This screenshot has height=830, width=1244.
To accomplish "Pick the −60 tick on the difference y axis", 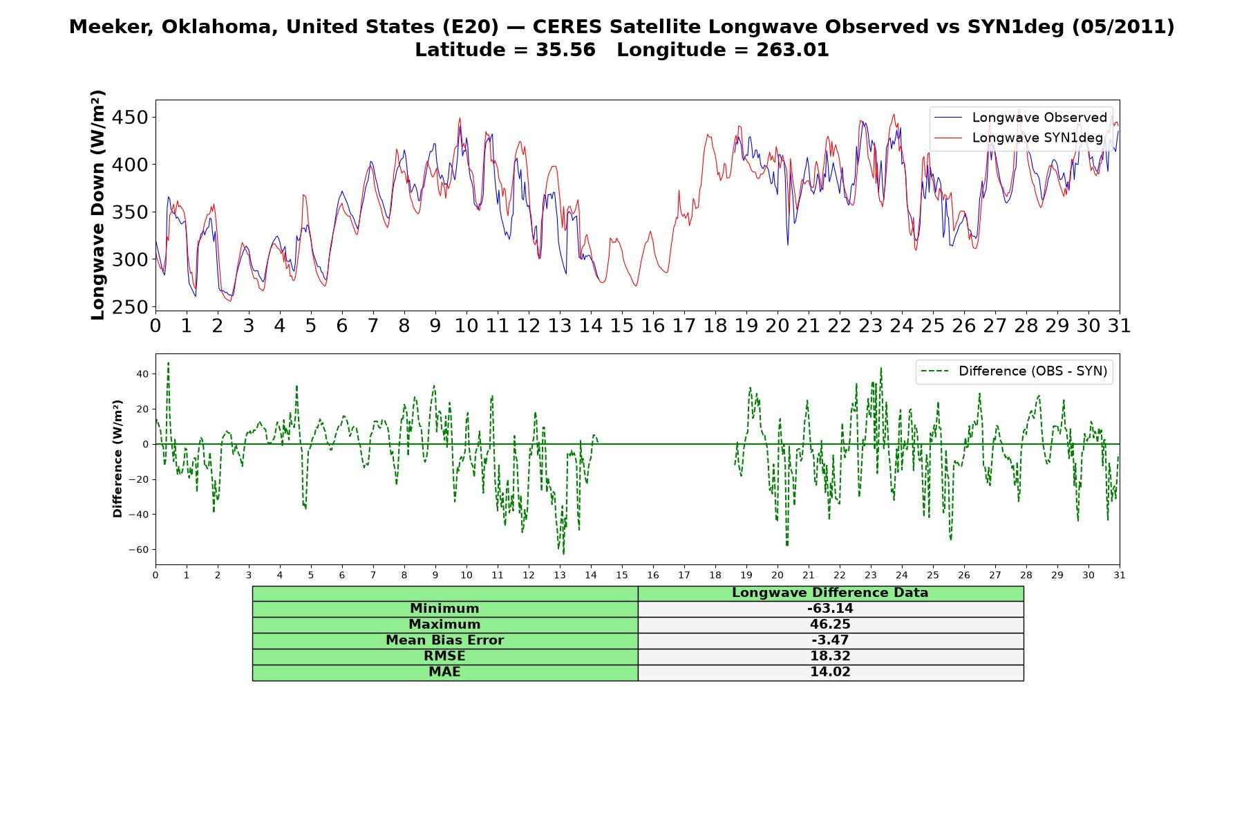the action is [138, 550].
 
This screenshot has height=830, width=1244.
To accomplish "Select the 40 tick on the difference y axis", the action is [142, 374].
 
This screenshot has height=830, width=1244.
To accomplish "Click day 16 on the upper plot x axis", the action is [653, 326].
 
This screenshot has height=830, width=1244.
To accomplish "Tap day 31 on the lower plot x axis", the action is [1120, 575].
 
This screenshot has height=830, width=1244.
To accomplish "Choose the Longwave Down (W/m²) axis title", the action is [98, 205].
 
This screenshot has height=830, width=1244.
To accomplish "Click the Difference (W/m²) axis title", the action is [117, 459].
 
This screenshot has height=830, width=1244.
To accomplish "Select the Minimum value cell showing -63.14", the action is [830, 609].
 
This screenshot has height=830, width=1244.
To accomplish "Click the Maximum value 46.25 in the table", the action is [830, 625].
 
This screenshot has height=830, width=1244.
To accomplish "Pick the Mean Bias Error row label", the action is [444, 640].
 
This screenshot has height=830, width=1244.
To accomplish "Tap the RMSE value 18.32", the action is [830, 656].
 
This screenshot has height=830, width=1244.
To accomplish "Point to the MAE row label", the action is [444, 672].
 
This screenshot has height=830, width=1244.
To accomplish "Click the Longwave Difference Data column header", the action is [830, 593].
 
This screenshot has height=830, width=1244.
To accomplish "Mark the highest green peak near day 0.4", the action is [168, 362].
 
